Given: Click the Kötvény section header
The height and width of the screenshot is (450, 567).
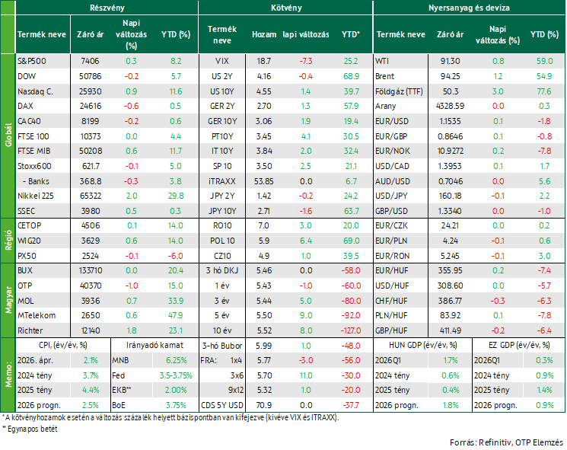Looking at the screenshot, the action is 286,8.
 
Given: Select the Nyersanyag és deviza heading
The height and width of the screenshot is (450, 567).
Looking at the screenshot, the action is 469,8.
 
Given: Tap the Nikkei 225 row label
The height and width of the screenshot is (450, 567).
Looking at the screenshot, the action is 36,196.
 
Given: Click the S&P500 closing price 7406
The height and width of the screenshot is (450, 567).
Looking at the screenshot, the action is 90,61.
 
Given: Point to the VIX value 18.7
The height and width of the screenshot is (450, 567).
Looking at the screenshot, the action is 263,61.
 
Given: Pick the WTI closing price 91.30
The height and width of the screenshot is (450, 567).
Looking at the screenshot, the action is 451,61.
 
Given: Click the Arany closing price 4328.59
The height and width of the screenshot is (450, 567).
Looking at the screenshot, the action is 451,106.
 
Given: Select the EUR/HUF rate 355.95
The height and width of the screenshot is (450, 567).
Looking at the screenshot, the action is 451,270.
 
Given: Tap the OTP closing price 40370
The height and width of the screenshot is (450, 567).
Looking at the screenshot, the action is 91,286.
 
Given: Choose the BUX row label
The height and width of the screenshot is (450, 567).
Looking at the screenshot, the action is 25,270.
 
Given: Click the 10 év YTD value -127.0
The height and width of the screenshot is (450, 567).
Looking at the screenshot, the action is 351,330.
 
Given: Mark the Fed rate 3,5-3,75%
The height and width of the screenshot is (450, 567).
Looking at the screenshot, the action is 176,375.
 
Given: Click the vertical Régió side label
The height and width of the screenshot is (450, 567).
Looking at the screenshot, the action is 8,241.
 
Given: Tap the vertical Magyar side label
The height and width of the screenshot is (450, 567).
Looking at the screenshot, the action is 8,301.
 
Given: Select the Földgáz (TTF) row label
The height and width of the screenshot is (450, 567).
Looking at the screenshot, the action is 399,91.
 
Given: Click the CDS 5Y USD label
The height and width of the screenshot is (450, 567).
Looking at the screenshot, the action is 222,406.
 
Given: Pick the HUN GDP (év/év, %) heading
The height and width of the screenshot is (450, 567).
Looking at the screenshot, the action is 422,346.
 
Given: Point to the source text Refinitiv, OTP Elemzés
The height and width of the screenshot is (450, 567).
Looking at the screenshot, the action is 521,442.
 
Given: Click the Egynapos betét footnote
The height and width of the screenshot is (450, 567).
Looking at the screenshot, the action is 30,429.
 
